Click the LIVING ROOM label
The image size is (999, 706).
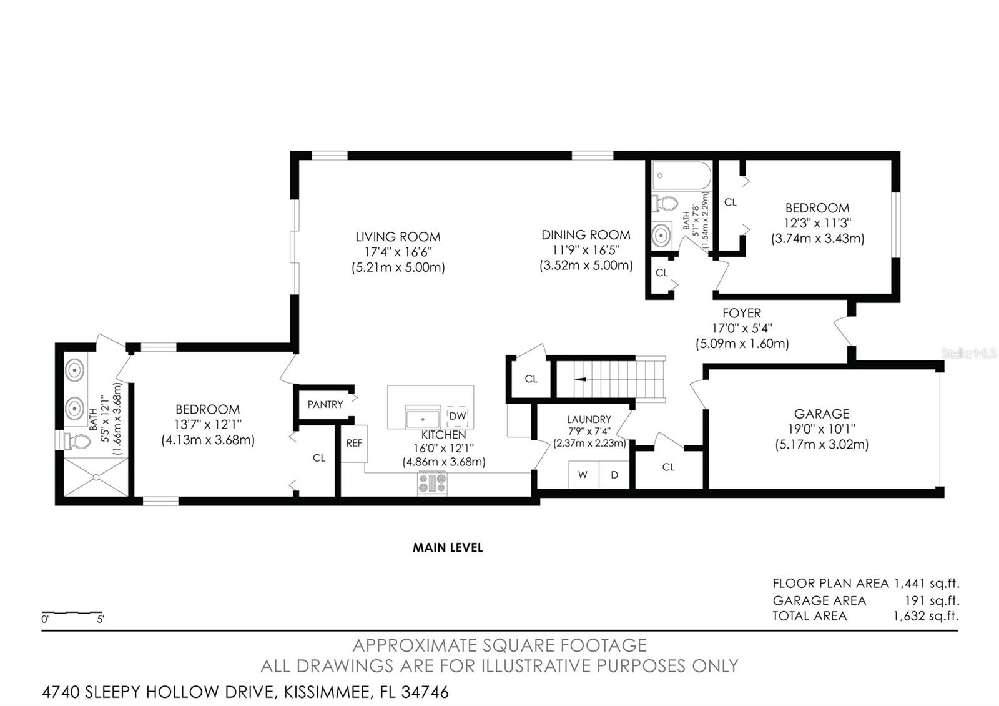tap(398, 237)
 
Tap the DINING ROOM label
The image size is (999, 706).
tap(586, 235)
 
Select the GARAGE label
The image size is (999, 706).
tap(822, 414)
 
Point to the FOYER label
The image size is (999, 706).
tap(742, 313)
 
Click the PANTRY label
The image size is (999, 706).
tap(325, 404)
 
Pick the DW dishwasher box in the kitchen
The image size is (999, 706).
tap(457, 416)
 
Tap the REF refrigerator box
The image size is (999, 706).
tap(354, 443)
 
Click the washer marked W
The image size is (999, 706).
tap(583, 475)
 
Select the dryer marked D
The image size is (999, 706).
tap(614, 475)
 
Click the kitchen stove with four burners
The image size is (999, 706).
tap(432, 484)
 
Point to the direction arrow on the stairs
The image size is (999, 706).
tap(580, 379)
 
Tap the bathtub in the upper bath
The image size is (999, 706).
tap(681, 176)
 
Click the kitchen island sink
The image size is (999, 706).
tap(422, 417)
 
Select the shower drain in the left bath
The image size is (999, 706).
tap(96, 477)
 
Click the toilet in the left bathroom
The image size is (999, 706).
tap(77, 441)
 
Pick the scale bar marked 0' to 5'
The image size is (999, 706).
tap(72, 613)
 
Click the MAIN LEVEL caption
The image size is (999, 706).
tap(447, 547)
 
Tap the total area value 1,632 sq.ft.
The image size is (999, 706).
tap(925, 616)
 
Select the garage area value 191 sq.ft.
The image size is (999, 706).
tap(932, 600)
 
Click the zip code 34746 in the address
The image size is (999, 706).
tap(425, 692)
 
